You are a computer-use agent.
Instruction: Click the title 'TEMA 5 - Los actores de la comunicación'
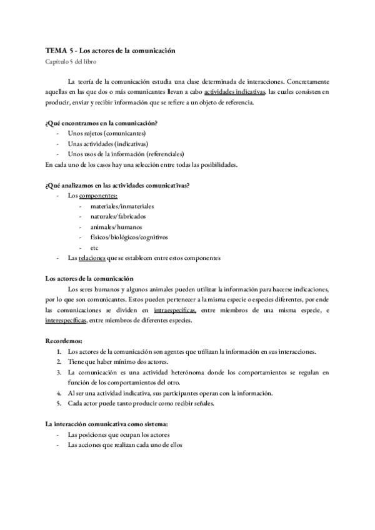(110, 50)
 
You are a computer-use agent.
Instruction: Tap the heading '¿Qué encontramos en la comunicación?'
(101, 123)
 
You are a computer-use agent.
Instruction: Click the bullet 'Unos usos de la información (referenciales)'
(126, 154)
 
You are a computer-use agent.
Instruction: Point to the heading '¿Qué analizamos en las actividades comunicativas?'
(118, 185)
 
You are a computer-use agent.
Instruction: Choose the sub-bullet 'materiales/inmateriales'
(122, 206)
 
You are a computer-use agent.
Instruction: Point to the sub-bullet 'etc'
(94, 247)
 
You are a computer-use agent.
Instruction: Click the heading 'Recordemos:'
(64, 341)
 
